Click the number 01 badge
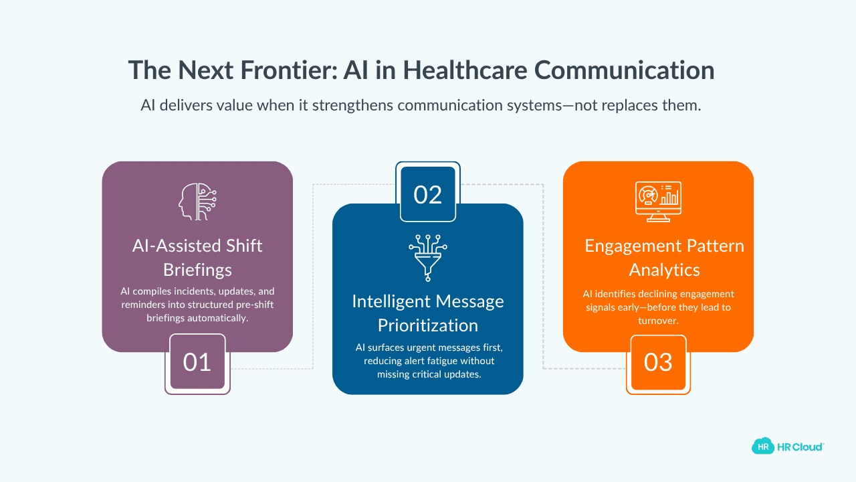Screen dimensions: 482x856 pyautogui.click(x=197, y=363)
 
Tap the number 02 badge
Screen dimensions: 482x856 pyautogui.click(x=428, y=193)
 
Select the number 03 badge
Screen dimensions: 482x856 pyautogui.click(x=658, y=363)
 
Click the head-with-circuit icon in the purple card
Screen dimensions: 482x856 pyautogui.click(x=197, y=201)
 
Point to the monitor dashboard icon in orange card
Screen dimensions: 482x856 pyautogui.click(x=658, y=201)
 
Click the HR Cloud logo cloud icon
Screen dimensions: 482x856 pyautogui.click(x=762, y=447)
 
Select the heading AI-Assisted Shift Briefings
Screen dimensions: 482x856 pyautogui.click(x=197, y=257)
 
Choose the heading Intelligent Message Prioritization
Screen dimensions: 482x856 pyautogui.click(x=428, y=313)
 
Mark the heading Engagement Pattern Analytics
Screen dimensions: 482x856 pyautogui.click(x=664, y=257)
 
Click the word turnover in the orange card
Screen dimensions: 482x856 pyautogui.click(x=658, y=321)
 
